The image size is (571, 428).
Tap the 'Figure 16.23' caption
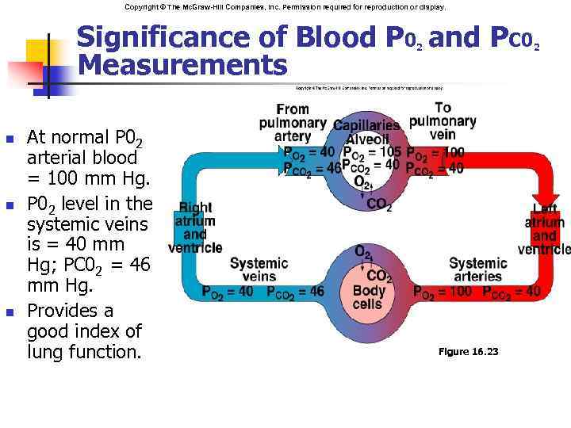pos(468,351)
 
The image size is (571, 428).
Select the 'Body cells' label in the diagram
pos(368,297)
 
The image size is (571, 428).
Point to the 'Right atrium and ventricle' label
pos(195,227)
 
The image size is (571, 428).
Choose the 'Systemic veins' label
pos(253,269)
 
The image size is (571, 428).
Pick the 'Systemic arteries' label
pos(477,269)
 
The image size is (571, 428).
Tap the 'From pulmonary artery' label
pos(292,123)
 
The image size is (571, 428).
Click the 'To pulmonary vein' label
pos(443,121)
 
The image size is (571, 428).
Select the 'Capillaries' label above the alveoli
pos(366,125)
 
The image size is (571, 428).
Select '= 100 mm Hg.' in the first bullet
pos(79,182)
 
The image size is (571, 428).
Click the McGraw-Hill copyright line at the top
pos(285,6)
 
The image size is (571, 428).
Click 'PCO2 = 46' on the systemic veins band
pos(295,292)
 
